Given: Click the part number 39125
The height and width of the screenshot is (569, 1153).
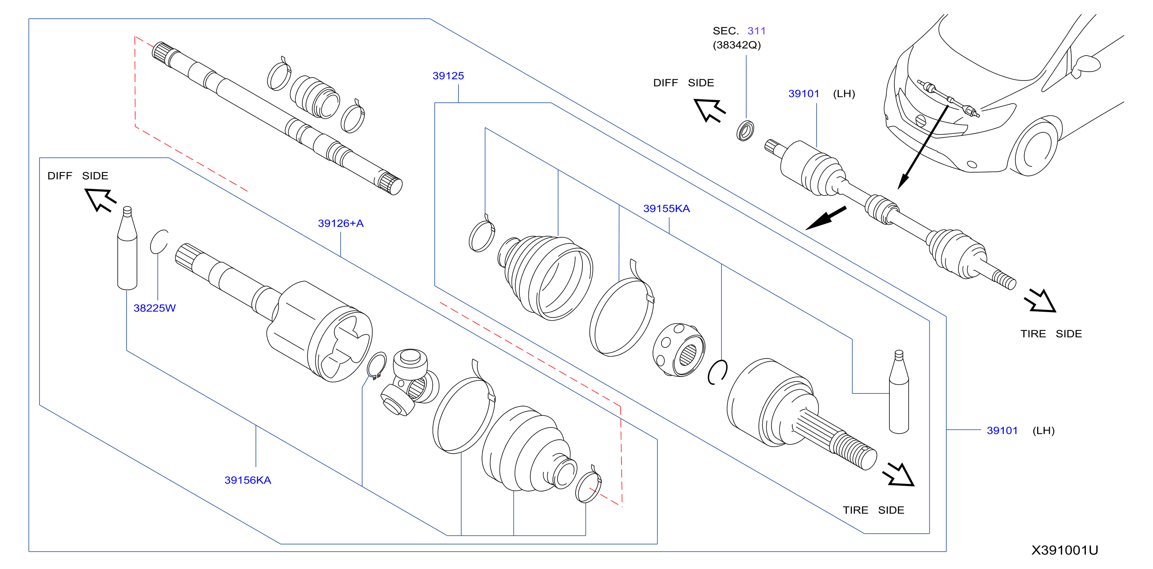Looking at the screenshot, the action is pos(448,76).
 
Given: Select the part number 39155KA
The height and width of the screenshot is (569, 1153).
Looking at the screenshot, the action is pos(666,209).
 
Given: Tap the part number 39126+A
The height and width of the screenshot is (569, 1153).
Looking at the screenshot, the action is pos(341,223).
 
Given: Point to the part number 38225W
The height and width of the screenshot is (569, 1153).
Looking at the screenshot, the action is pos(154,308).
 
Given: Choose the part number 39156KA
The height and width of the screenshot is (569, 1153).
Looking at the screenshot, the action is pos(247,480).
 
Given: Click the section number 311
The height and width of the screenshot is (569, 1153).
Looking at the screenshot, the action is pos(756,31).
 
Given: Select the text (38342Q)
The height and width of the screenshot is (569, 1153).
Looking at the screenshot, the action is pos(737,45).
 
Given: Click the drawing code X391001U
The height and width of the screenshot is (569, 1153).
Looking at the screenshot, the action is pos(1065,550).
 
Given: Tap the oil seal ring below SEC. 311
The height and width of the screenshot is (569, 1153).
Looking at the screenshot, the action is pos(745,131).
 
